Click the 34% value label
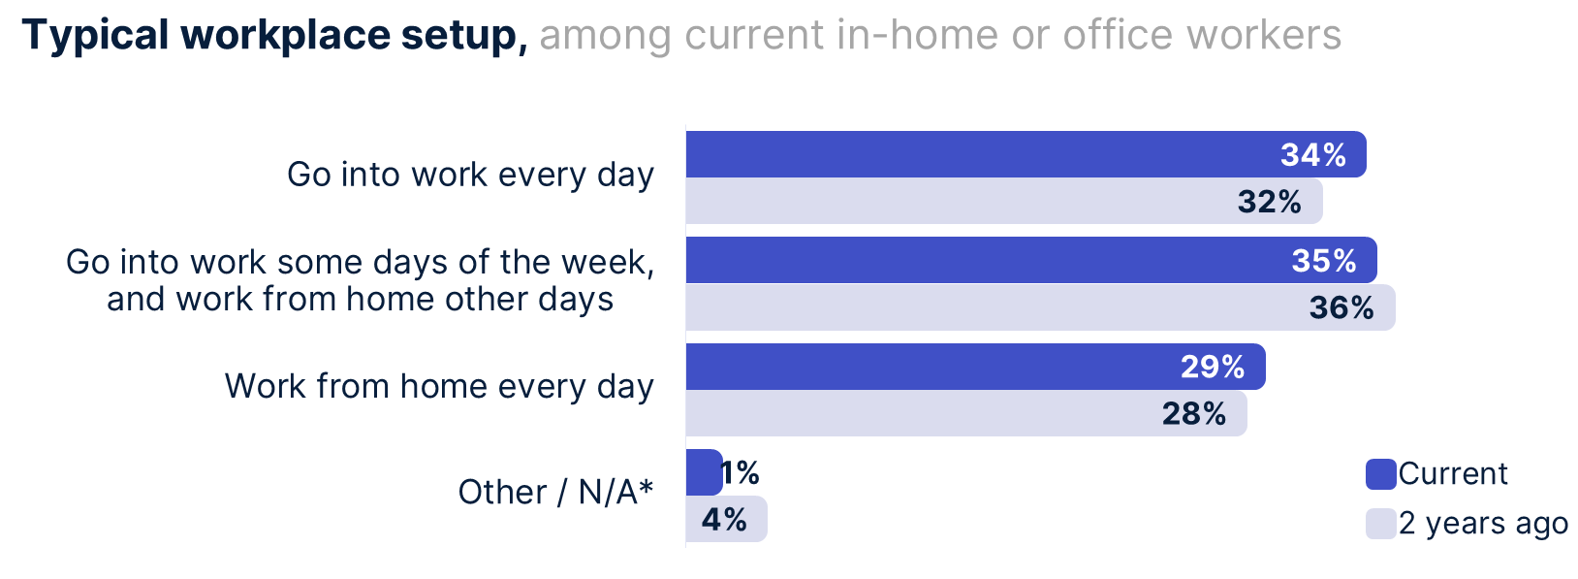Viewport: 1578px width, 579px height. pyautogui.click(x=1313, y=155)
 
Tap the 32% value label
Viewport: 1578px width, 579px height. pyautogui.click(x=1270, y=202)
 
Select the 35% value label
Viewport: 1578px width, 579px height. pyautogui.click(x=1324, y=261)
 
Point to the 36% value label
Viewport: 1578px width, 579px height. pyautogui.click(x=1341, y=308)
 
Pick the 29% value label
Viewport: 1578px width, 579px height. pyautogui.click(x=1213, y=367)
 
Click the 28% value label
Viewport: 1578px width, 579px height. pyautogui.click(x=1194, y=414)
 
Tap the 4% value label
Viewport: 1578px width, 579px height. pyautogui.click(x=724, y=520)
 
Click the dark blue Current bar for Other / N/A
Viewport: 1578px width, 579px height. pyautogui.click(x=703, y=472)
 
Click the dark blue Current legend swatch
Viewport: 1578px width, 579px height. pyautogui.click(x=1380, y=474)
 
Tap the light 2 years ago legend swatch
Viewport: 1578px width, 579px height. pyautogui.click(x=1380, y=524)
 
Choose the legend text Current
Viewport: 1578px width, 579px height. pyautogui.click(x=1453, y=474)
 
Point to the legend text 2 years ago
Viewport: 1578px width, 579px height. pyautogui.click(x=1483, y=524)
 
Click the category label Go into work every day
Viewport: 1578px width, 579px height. pyautogui.click(x=470, y=176)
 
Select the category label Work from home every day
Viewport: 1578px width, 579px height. pyautogui.click(x=439, y=387)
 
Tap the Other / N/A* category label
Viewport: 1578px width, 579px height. pyautogui.click(x=555, y=493)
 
